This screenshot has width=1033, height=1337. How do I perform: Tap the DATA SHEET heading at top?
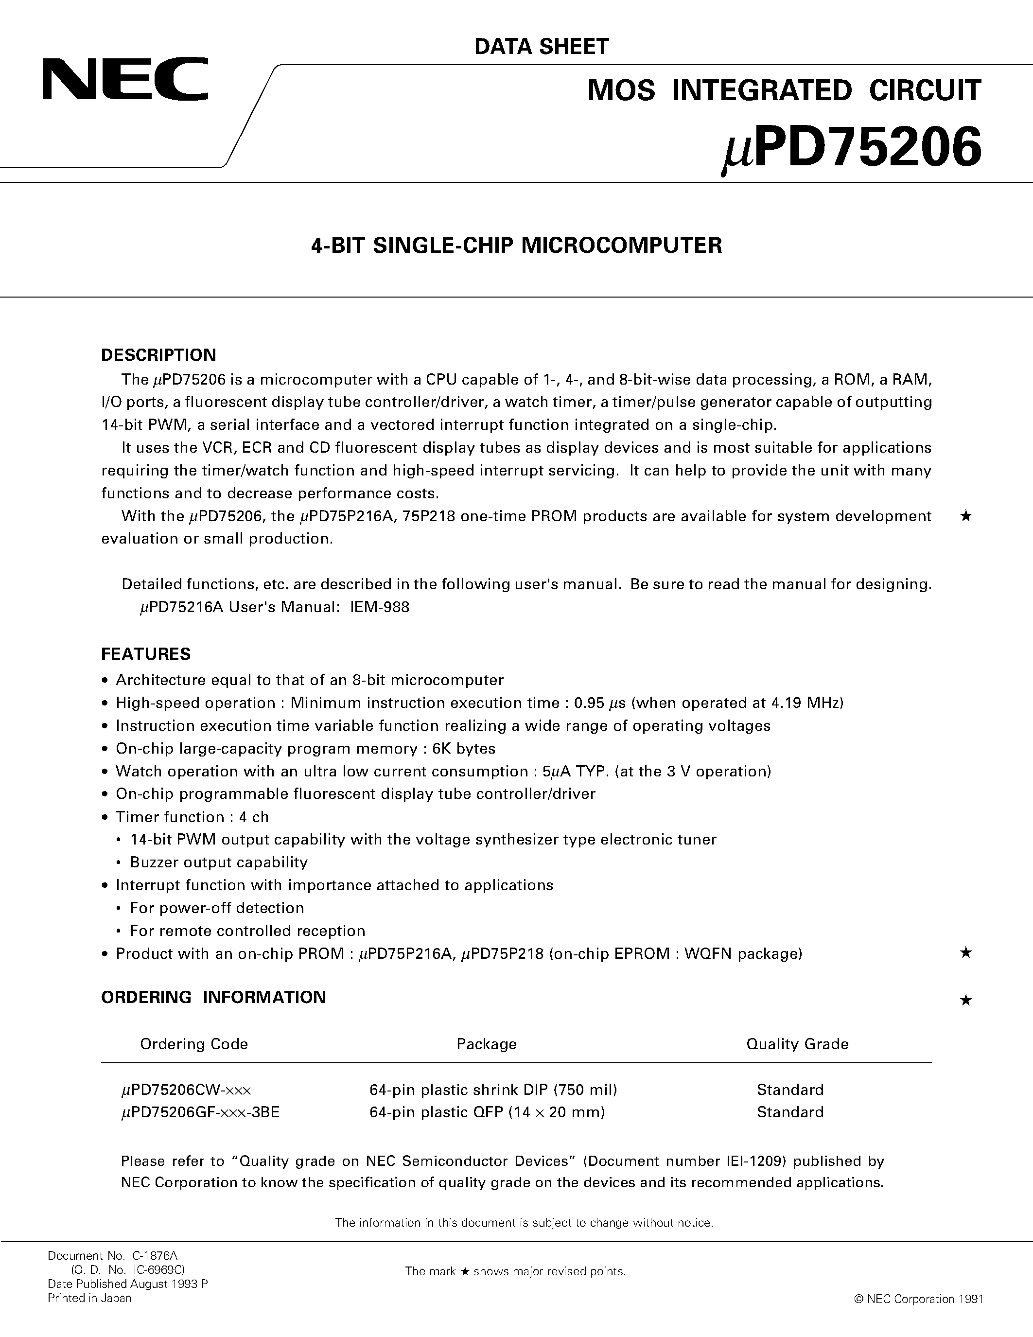[542, 47]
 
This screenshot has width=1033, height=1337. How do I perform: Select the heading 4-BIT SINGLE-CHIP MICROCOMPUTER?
[516, 246]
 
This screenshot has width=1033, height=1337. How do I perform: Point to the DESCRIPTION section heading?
[158, 355]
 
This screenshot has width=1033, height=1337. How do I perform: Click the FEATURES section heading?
[146, 654]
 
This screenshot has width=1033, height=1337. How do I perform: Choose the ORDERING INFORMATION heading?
[213, 997]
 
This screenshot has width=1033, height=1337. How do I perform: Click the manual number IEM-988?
[380, 607]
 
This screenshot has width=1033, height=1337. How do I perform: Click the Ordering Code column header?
[194, 1044]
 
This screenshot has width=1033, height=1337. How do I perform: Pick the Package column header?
[487, 1044]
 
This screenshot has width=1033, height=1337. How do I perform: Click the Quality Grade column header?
[797, 1044]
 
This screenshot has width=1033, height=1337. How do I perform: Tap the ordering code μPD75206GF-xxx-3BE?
[200, 1112]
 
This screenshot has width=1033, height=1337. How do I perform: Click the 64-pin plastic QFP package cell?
[487, 1112]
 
